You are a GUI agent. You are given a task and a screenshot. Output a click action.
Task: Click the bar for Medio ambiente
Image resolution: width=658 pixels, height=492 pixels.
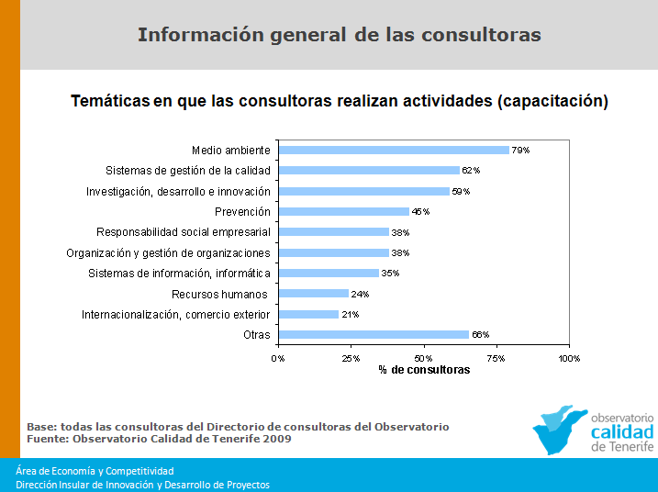pos(393,150)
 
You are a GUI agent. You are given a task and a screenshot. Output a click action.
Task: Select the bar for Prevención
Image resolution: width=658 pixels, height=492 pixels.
pos(343,211)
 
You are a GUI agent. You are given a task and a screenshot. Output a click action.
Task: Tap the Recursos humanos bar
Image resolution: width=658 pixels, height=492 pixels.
pos(313,294)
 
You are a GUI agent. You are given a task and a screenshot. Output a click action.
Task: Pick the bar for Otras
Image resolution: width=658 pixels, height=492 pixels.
pos(374,335)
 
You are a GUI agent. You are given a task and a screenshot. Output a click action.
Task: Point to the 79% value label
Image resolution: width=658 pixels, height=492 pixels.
pos(521,150)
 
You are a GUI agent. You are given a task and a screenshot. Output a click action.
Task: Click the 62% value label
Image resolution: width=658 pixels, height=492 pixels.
pos(472,171)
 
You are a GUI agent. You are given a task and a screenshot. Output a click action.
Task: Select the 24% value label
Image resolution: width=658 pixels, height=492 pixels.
pos(361,294)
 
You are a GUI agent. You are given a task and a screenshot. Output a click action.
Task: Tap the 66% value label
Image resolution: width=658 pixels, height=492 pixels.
pos(481,335)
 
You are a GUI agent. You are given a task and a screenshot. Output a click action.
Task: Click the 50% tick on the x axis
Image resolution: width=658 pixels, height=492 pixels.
pos(423,358)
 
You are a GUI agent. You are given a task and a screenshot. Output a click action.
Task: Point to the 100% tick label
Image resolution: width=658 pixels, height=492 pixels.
pos(569,358)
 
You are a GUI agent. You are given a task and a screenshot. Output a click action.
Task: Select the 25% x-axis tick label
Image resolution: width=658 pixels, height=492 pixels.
pos(351,358)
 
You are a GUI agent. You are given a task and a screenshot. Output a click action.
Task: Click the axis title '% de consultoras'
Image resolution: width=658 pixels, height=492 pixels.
pos(424,370)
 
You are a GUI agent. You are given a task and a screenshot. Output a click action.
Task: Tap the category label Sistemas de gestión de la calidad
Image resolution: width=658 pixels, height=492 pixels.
pos(188,171)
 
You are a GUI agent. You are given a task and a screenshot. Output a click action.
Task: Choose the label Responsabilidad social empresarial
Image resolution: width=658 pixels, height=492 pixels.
pos(184,232)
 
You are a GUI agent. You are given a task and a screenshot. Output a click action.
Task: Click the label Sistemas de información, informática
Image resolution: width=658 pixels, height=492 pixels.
pos(180,274)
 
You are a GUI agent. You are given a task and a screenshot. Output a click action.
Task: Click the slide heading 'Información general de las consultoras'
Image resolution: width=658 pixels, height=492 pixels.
pos(339,35)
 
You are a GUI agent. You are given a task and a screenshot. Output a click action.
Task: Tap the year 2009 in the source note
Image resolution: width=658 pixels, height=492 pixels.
pos(276,439)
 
